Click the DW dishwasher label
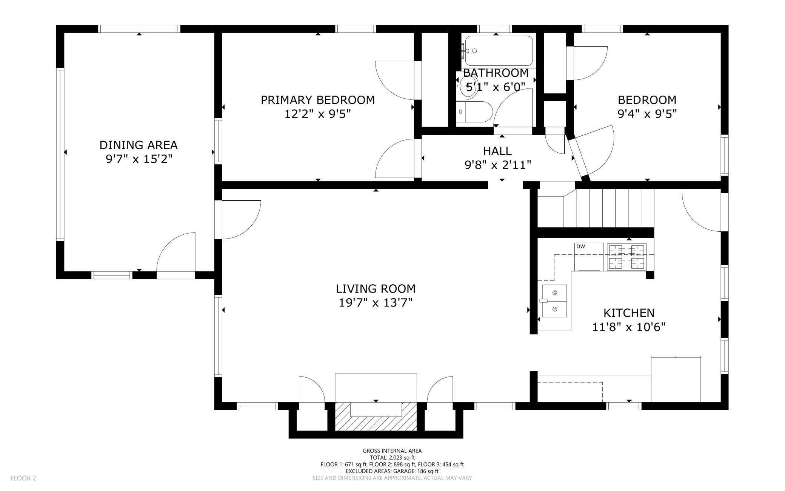point(580,246)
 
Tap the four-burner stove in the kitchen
point(626,257)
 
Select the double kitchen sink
point(554,301)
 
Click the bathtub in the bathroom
point(499,51)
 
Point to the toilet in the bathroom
point(474,112)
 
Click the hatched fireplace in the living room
point(376,416)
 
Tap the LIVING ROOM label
point(376,289)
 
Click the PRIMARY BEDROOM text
point(318,100)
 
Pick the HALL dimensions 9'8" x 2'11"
point(498,165)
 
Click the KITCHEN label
point(629,313)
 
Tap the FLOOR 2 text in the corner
point(23,478)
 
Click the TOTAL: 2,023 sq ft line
point(392,457)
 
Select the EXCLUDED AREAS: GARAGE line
point(392,471)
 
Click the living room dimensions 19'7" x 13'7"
point(376,303)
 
